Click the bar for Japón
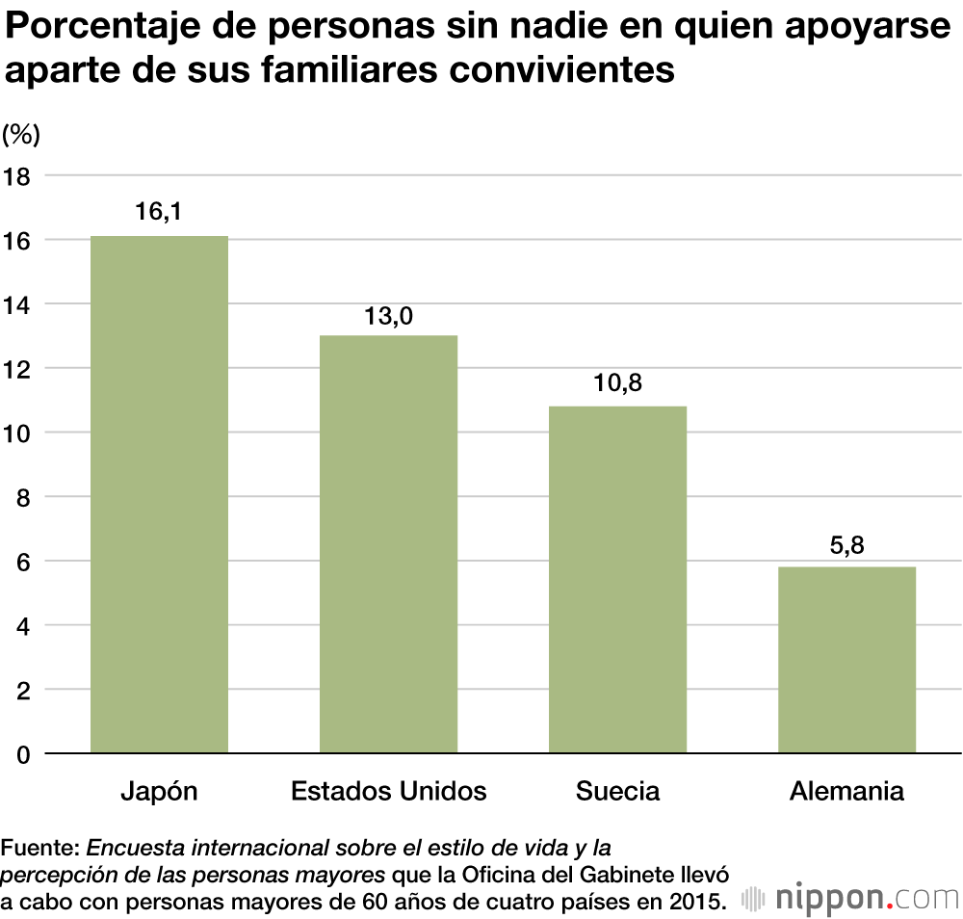pyautogui.click(x=159, y=493)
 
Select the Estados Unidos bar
pyautogui.click(x=388, y=543)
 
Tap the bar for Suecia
pyautogui.click(x=617, y=579)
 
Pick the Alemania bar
pyautogui.click(x=846, y=659)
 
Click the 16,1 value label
pyautogui.click(x=159, y=212)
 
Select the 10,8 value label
pyautogui.click(x=618, y=382)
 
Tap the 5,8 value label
pyautogui.click(x=846, y=544)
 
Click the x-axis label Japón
pyautogui.click(x=159, y=792)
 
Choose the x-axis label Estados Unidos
pyautogui.click(x=388, y=792)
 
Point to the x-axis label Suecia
pyautogui.click(x=617, y=792)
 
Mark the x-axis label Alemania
pyautogui.click(x=846, y=792)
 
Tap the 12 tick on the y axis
pyautogui.click(x=17, y=368)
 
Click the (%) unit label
pyautogui.click(x=21, y=135)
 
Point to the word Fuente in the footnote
pyautogui.click(x=39, y=849)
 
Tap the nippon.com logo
pyautogui.click(x=853, y=898)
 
